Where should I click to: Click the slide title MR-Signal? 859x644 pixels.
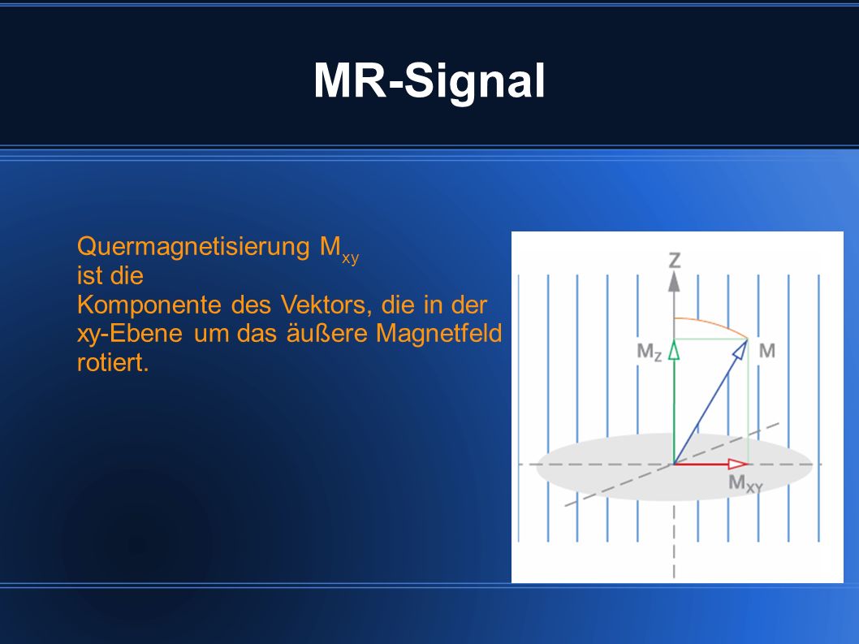tap(429, 81)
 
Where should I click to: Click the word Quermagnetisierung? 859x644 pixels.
tap(193, 248)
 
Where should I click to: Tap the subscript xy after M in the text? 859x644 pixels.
tap(350, 257)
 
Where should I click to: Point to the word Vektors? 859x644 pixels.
tap(326, 305)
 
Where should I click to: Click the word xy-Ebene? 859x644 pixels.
tap(130, 334)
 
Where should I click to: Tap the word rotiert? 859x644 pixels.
tap(113, 363)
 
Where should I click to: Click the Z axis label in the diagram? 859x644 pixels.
tap(675, 260)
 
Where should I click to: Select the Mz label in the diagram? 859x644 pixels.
tap(650, 352)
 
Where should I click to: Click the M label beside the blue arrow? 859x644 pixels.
tap(767, 350)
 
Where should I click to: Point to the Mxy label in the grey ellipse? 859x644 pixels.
tap(745, 483)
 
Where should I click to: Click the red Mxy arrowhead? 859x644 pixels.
tap(738, 465)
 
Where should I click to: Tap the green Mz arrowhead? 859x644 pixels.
tap(674, 350)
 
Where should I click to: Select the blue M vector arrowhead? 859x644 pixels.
tap(740, 349)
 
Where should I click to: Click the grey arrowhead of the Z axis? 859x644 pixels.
tap(675, 282)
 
